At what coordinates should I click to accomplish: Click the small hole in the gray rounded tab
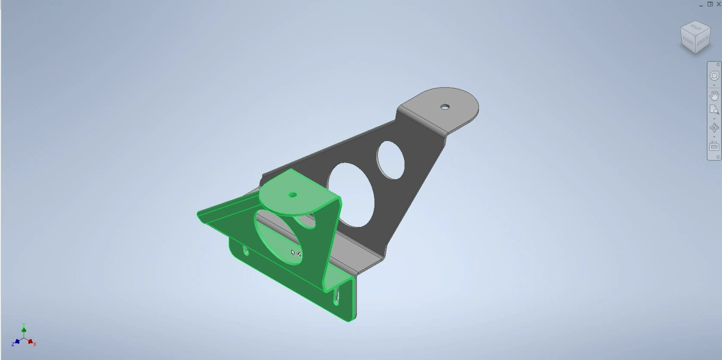click(x=445, y=106)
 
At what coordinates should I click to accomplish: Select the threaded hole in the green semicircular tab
click(x=293, y=195)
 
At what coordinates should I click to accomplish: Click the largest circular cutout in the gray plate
click(x=351, y=195)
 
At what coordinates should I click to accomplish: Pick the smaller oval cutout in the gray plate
click(x=390, y=160)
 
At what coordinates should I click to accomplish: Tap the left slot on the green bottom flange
click(x=246, y=250)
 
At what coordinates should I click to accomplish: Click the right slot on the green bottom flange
click(x=337, y=295)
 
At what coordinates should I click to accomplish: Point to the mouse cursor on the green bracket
click(x=294, y=253)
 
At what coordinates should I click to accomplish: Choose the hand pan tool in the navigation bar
click(x=714, y=94)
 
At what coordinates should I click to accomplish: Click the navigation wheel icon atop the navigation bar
click(x=714, y=76)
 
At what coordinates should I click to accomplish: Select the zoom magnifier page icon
click(x=714, y=110)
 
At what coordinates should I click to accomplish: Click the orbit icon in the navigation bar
click(x=714, y=128)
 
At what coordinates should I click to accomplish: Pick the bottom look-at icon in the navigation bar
click(x=714, y=146)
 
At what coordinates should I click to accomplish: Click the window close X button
click(x=718, y=4)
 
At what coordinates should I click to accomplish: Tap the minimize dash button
click(x=702, y=5)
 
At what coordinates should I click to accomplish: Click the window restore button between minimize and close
click(x=710, y=4)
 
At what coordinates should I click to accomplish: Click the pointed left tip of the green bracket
click(x=199, y=215)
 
